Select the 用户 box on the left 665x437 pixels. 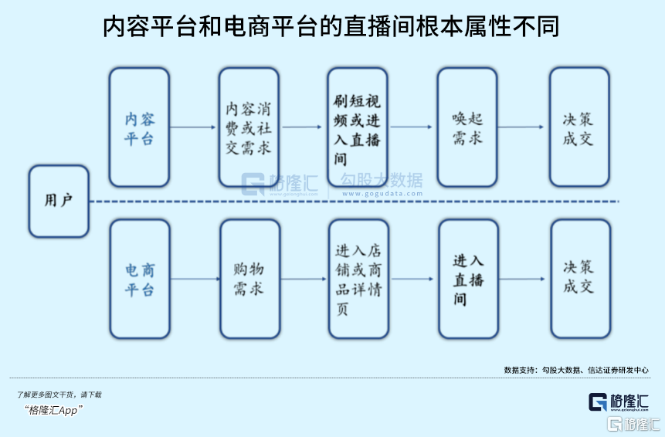coord(59,201)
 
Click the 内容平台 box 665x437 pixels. coord(139,127)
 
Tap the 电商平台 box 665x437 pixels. coord(140,279)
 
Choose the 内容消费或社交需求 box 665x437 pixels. coord(248,127)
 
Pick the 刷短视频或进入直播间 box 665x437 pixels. coord(357,127)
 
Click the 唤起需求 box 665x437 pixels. coord(467,127)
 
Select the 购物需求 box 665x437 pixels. coord(249,279)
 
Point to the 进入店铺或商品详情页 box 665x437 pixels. coord(358,279)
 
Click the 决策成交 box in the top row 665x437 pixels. coord(578,127)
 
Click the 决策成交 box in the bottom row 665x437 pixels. coord(580,279)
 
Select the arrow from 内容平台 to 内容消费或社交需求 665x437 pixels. coord(193,127)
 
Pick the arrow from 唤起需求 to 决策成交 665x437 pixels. coord(522,127)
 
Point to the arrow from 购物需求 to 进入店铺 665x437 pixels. coord(303,279)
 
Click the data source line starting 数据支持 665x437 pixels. coord(575,370)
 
